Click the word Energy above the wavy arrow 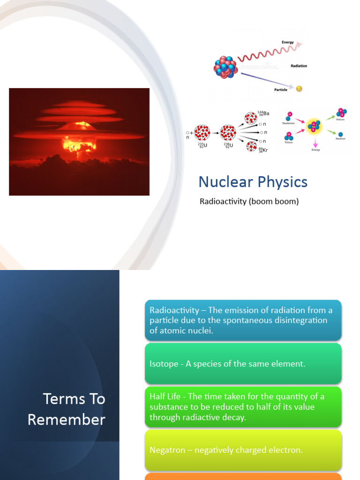click(x=287, y=42)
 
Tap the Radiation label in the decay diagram click(x=299, y=66)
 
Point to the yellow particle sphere click(x=299, y=89)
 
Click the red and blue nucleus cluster click(x=225, y=67)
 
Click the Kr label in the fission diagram click(x=264, y=150)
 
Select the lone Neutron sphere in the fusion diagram click(x=340, y=135)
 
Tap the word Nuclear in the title click(x=223, y=182)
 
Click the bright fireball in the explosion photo click(x=80, y=142)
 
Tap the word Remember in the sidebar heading click(x=67, y=420)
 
